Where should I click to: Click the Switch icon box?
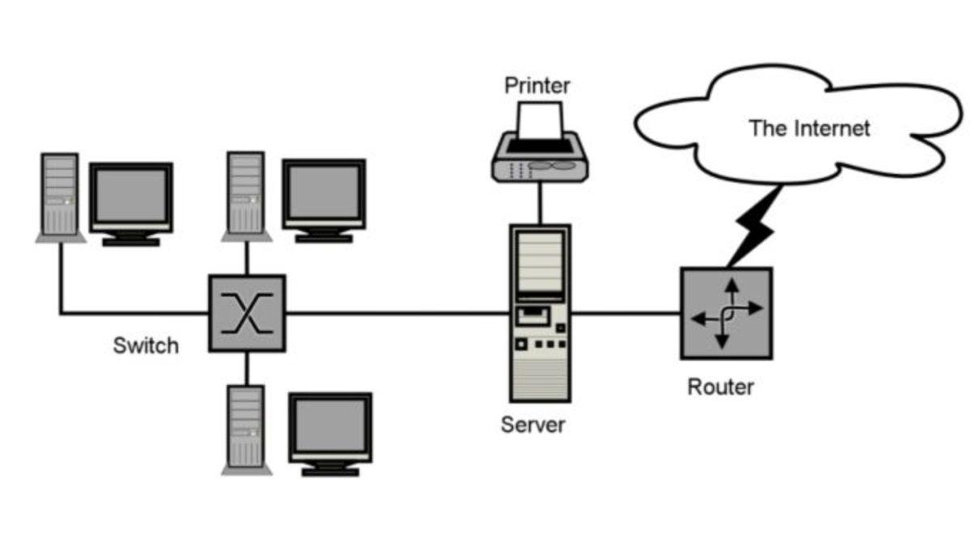coord(247,313)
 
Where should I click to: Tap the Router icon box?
coord(726,313)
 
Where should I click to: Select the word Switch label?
coord(146,346)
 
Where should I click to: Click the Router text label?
coord(720,387)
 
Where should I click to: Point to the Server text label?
coord(533,425)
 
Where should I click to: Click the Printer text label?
coord(537,85)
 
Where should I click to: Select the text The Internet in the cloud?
coord(809,128)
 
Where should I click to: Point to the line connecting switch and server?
coord(396,313)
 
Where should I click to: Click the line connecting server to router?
coord(625,313)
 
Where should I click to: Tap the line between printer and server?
coord(540,202)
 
